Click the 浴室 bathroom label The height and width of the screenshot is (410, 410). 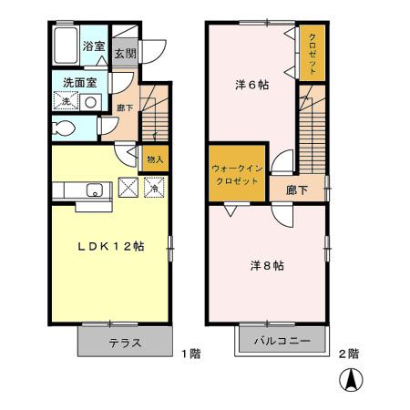94,46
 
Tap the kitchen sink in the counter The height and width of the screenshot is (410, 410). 93,190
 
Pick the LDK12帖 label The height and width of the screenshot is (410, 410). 108,247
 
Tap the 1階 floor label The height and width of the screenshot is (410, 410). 190,352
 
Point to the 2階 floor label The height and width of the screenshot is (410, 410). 348,352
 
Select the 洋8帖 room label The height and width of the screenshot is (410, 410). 267,266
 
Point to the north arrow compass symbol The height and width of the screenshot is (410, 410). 349,380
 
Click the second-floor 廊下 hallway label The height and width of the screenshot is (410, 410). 296,190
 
